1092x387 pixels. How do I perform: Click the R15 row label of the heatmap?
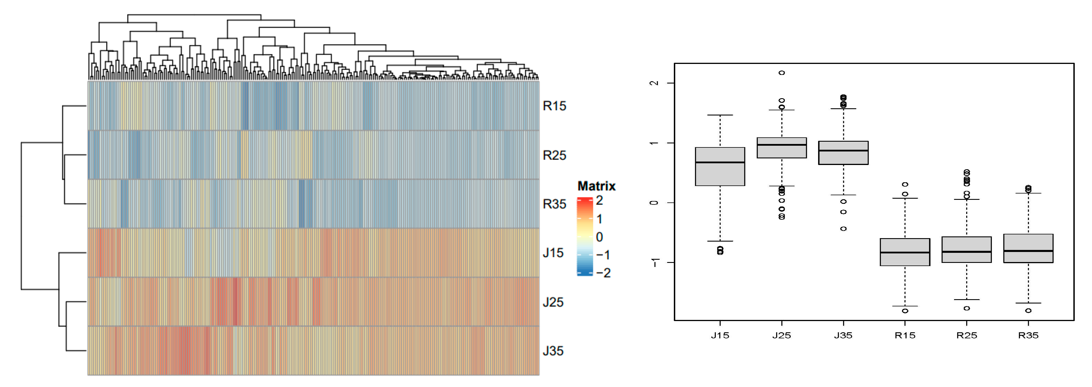(554, 106)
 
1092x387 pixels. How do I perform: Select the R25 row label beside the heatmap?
(554, 155)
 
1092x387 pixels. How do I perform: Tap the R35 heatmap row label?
(554, 204)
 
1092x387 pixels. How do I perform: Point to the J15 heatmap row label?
(553, 253)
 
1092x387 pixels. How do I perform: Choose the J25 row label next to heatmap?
(553, 302)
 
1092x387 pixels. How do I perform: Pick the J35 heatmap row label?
(553, 351)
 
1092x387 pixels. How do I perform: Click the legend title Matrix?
(596, 186)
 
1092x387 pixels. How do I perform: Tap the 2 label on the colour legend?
(599, 200)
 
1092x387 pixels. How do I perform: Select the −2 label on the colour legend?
(603, 273)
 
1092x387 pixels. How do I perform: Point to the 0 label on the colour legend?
(599, 237)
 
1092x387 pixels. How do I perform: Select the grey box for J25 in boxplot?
(782, 148)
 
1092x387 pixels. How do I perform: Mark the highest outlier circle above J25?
(782, 73)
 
